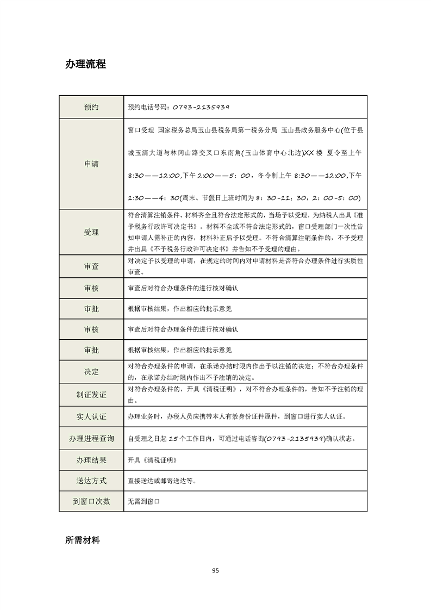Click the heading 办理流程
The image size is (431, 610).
point(85,64)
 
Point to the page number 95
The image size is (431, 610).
point(215,570)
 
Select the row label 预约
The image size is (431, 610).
point(91,107)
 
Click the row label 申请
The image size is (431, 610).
point(91,164)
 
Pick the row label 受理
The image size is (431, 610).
point(91,232)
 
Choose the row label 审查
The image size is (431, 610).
point(91,266)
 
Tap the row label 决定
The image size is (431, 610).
point(91,372)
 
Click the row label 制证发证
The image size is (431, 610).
point(91,394)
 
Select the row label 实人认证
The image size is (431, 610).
point(91,417)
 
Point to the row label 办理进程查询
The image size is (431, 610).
point(91,438)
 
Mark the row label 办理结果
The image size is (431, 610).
point(91,460)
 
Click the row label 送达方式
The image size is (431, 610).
point(91,481)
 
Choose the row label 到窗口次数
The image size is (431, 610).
point(91,501)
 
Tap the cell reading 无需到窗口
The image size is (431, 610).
point(144,501)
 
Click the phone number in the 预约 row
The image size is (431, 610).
point(201,107)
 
